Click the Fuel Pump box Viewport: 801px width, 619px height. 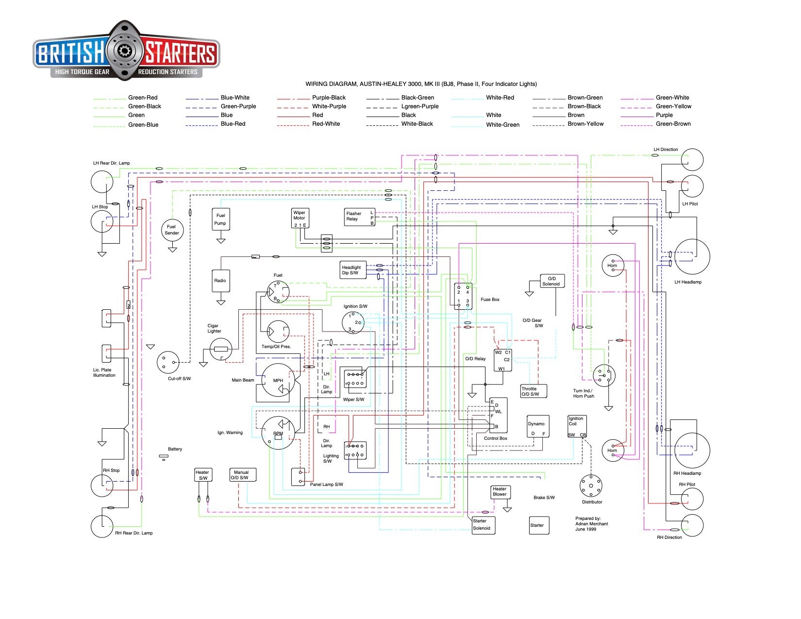click(x=221, y=219)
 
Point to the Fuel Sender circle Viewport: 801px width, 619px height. click(x=172, y=230)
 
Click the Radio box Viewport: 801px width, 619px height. click(x=221, y=281)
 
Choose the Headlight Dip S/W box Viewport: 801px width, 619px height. click(x=351, y=270)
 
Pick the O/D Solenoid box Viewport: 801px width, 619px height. click(x=552, y=281)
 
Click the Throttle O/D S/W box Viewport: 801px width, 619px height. click(x=534, y=391)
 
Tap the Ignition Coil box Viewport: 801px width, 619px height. click(x=577, y=426)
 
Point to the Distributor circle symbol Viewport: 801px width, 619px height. click(x=591, y=485)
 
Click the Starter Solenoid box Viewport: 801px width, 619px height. click(x=484, y=525)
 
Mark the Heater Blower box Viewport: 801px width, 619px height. click(x=501, y=492)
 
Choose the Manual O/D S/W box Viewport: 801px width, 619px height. click(x=242, y=475)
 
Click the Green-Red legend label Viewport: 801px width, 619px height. click(x=143, y=98)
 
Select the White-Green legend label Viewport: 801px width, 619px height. click(x=502, y=125)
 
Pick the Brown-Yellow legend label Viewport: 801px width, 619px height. click(x=585, y=124)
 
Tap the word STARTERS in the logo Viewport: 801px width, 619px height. click(x=180, y=53)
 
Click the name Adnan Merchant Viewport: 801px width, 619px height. click(x=591, y=524)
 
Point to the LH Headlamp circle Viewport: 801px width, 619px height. click(x=692, y=256)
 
